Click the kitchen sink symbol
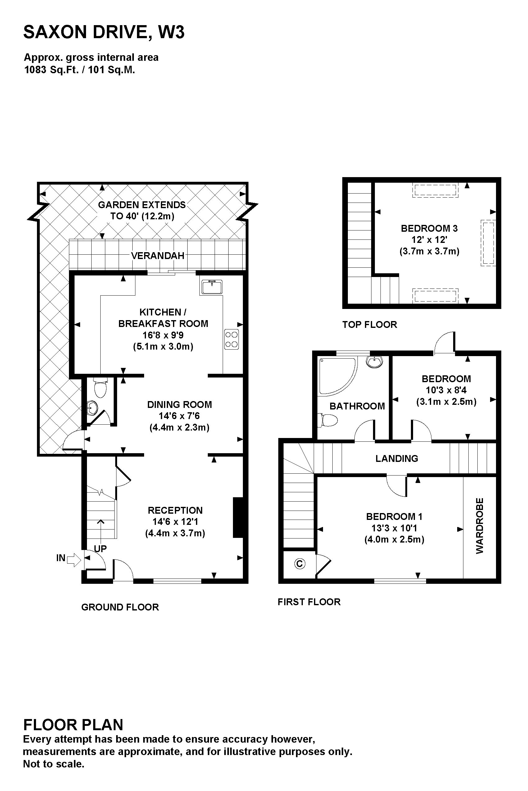pos(212,287)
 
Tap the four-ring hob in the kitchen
pos(231,339)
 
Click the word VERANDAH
pos(157,256)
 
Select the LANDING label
pos(397,458)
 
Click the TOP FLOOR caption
pos(370,324)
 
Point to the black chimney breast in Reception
pos(238,518)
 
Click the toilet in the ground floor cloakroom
pos(100,387)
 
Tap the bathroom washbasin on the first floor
pos(375,362)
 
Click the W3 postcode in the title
pos(171,32)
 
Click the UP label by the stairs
pos(100,549)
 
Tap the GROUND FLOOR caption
pos(120,607)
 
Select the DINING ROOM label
pos(180,404)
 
